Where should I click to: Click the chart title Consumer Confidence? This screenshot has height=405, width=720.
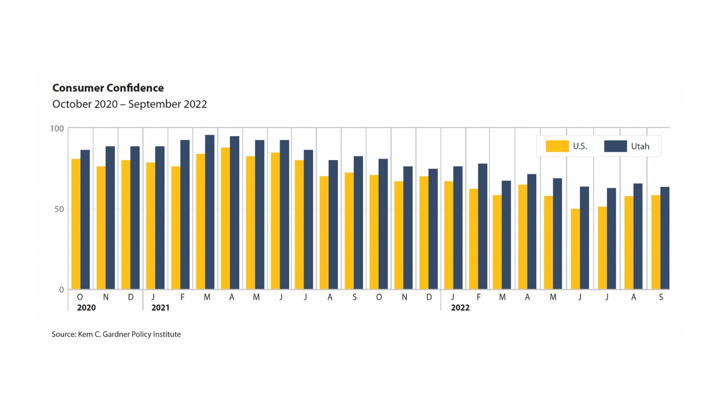pos(108,88)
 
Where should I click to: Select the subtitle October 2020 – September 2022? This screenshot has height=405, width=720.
pos(130,104)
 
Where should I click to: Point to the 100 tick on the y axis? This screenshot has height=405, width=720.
pos(57,129)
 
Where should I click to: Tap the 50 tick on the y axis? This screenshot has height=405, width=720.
pos(59,209)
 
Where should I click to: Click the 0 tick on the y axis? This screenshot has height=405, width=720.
pos(62,290)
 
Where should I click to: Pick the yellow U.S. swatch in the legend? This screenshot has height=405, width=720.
pos(557,146)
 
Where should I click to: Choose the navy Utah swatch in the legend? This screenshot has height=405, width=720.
pos(615,146)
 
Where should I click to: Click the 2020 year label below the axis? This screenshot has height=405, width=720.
pos(86,308)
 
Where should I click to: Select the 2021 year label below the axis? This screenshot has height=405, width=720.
pos(160,308)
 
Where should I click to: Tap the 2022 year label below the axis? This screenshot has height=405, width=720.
pos(460,308)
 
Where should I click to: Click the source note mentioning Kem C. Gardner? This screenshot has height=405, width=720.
pos(116,334)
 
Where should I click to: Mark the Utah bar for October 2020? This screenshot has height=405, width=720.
pos(85,220)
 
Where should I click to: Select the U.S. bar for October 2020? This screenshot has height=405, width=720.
pos(76,224)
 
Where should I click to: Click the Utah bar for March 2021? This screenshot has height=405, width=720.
pos(210,212)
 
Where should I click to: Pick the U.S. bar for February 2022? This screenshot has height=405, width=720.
pos(473,239)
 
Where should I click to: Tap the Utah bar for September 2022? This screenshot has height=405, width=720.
pos(665,238)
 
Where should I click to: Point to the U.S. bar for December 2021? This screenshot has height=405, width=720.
pos(423,233)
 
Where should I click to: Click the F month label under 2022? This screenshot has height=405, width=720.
pos(478,297)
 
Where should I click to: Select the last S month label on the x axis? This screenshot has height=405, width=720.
pos(661,297)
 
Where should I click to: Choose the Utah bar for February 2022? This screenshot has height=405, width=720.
pos(482,226)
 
